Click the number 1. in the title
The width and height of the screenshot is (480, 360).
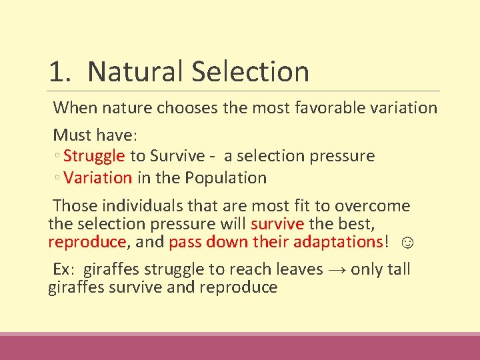coord(61,72)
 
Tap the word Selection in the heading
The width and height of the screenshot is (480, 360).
coord(252,72)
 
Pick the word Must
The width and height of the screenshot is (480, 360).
coord(73,135)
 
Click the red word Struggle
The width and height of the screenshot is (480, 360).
coord(94,156)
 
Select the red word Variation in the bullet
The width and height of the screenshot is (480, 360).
coord(98,178)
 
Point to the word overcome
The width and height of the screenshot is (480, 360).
coord(375,206)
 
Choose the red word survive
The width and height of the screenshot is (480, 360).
coord(277,223)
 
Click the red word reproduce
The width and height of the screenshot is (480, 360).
coord(87,241)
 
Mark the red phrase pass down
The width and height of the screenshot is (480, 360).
coord(209,241)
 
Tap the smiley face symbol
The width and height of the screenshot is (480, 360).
coord(408,242)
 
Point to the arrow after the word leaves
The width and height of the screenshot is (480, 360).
coord(335,269)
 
